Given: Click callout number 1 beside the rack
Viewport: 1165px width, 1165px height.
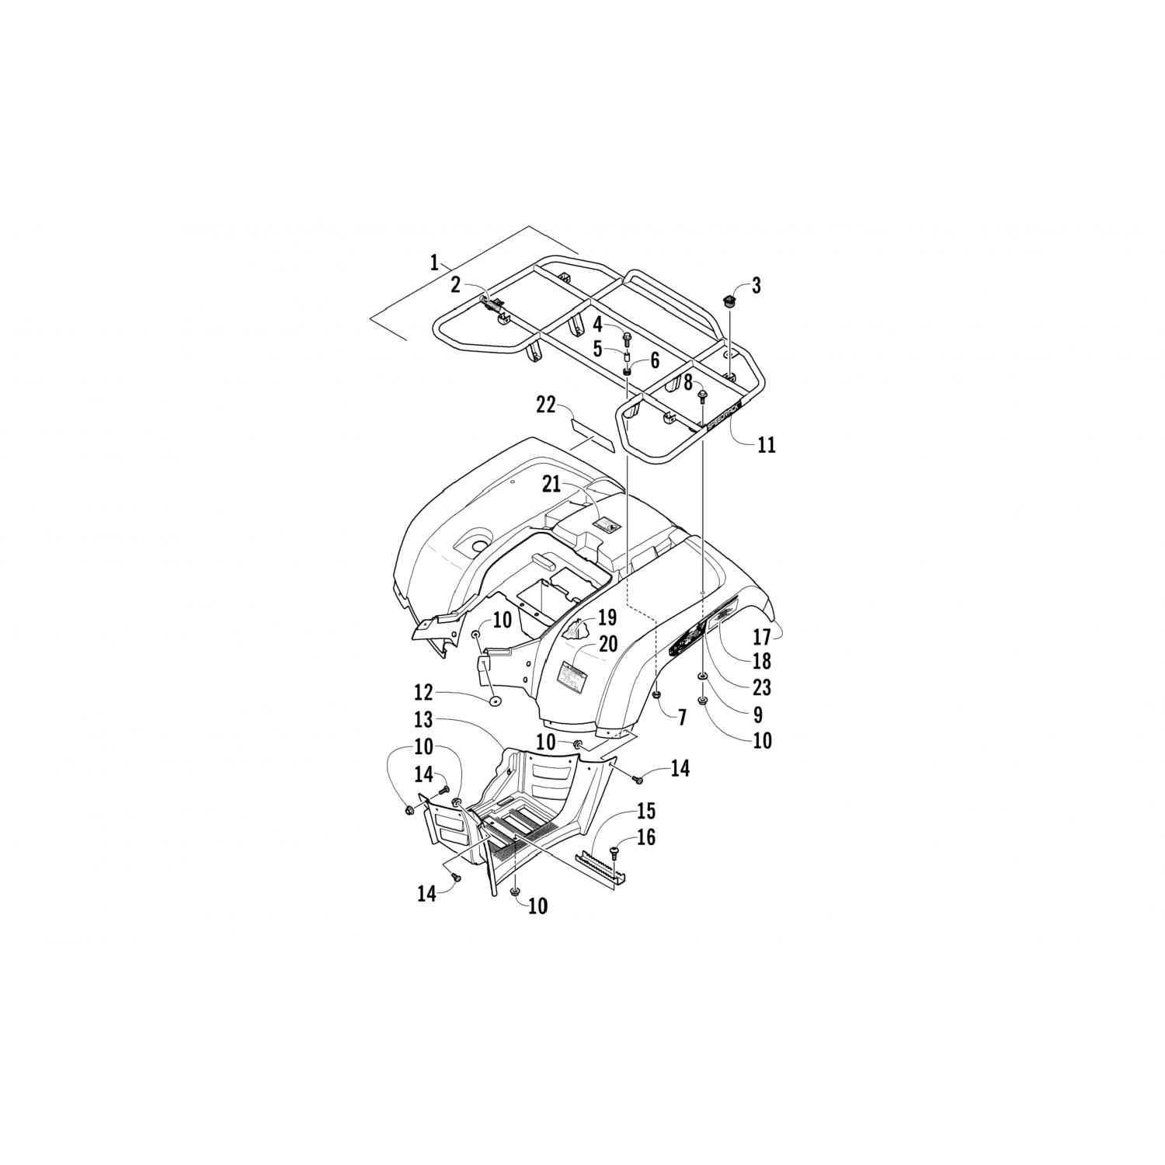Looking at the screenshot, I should tap(435, 262).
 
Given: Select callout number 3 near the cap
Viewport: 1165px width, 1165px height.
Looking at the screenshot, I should tap(756, 285).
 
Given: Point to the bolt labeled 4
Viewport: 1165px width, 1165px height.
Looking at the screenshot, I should tap(628, 338).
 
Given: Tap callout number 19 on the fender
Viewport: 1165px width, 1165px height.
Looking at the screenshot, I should tap(607, 618).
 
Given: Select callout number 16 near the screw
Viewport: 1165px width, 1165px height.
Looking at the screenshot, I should tap(645, 837).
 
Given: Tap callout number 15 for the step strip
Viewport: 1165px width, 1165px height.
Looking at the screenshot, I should tap(645, 811).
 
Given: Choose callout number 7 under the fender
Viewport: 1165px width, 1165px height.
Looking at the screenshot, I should tap(681, 716).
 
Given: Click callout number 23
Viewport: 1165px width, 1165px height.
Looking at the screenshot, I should tap(762, 687).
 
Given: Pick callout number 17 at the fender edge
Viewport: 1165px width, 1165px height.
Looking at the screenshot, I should tap(762, 637).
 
